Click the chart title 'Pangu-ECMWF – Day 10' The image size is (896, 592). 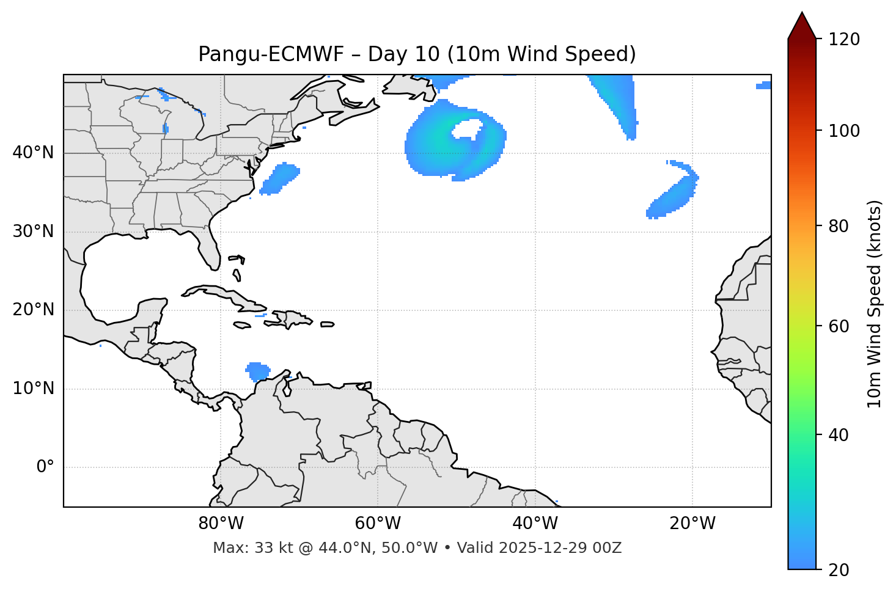point(417,54)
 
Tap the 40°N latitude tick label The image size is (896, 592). point(33,153)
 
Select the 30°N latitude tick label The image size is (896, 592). point(33,232)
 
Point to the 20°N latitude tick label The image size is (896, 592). point(33,310)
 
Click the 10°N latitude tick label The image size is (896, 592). point(33,389)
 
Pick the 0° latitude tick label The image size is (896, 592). point(45,467)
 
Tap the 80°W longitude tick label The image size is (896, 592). point(221,524)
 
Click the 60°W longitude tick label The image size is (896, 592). point(378,524)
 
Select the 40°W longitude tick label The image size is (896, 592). point(535,524)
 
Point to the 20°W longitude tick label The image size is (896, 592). point(692,524)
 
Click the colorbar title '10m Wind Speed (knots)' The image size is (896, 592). point(875,304)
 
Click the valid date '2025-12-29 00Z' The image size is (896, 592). point(560,548)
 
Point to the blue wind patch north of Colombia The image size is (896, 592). point(258,371)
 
